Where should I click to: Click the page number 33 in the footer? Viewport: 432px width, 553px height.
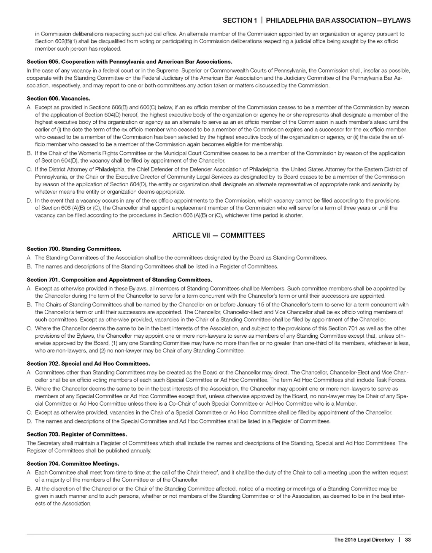pyautogui.click(x=407, y=539)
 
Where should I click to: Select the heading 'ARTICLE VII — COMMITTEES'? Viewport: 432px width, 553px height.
pyautogui.click(x=219, y=235)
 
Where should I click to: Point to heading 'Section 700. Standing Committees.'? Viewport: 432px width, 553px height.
pyautogui.click(x=74, y=249)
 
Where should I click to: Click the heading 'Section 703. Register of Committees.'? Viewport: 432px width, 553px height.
pyautogui.click(x=77, y=434)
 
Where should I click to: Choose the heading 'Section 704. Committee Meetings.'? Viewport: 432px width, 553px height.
pyautogui.click(x=73, y=463)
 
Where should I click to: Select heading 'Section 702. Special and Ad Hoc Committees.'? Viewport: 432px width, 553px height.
pyautogui.click(x=88, y=363)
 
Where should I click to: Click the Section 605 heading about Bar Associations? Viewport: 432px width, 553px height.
pyautogui.click(x=129, y=62)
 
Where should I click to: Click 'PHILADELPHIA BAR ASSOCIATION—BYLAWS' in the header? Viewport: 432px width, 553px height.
pyautogui.click(x=338, y=20)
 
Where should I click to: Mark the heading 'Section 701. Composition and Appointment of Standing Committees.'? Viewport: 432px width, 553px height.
pyautogui.click(x=119, y=279)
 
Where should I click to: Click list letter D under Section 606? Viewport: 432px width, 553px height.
pyautogui.click(x=29, y=201)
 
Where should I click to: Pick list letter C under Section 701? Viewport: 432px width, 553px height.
pyautogui.click(x=29, y=328)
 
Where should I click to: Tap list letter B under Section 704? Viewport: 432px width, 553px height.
pyautogui.click(x=29, y=489)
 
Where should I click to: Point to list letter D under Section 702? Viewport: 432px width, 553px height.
pyautogui.click(x=29, y=421)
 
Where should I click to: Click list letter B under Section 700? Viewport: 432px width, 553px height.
pyautogui.click(x=29, y=266)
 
